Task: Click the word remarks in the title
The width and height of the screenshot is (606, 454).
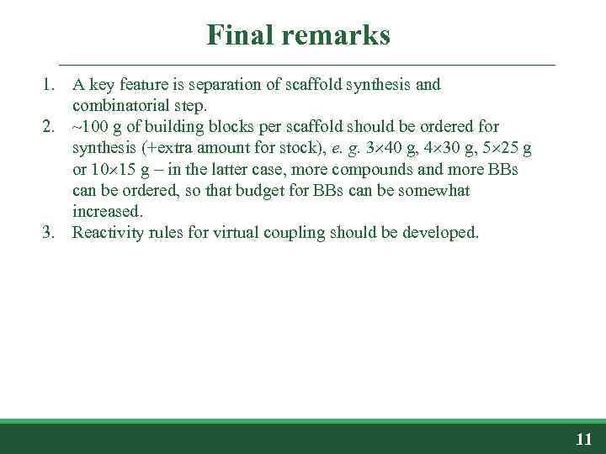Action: coord(338,35)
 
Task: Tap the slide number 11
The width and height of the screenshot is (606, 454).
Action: coord(583,439)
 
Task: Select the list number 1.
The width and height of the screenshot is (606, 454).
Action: coord(50,85)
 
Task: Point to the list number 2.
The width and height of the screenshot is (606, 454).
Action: coord(50,127)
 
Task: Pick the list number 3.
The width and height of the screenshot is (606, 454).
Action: coord(50,232)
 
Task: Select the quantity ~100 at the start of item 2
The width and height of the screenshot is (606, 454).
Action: coord(89,127)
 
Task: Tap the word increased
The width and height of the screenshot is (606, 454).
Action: coord(105,211)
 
